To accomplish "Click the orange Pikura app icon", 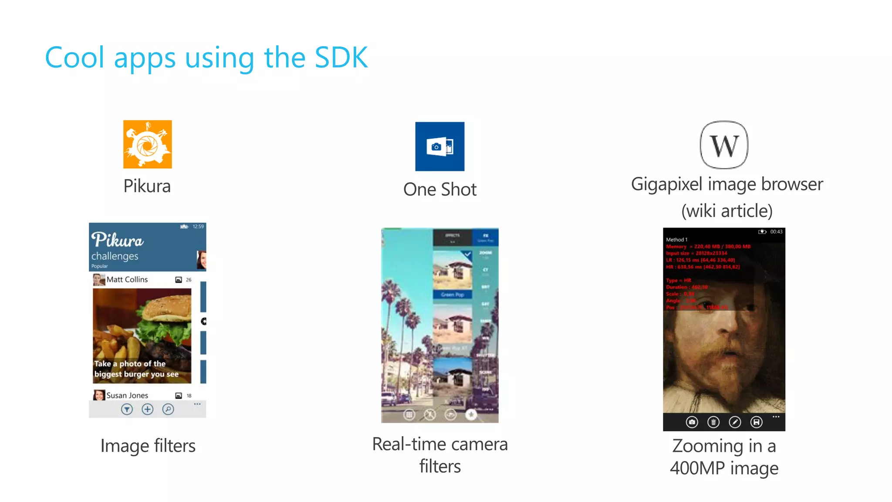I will pyautogui.click(x=147, y=144).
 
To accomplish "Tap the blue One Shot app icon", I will pyautogui.click(x=439, y=146).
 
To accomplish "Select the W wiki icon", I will pyautogui.click(x=724, y=145).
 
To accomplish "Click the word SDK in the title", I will pyautogui.click(x=341, y=58).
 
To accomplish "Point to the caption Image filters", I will pyautogui.click(x=148, y=446).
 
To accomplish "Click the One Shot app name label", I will pyautogui.click(x=439, y=190).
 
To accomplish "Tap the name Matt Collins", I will pyautogui.click(x=127, y=280).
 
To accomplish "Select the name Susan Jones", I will pyautogui.click(x=127, y=396).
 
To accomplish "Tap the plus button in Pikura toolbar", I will pyautogui.click(x=148, y=409).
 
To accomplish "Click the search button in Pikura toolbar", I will pyautogui.click(x=168, y=409).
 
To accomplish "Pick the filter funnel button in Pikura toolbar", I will pyautogui.click(x=127, y=409).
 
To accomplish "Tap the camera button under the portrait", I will pyautogui.click(x=692, y=422).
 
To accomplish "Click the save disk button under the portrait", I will pyautogui.click(x=757, y=422).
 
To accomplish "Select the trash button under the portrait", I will pyautogui.click(x=713, y=422).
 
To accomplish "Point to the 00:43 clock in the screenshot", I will pyautogui.click(x=776, y=232).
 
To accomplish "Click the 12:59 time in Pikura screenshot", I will pyautogui.click(x=198, y=227).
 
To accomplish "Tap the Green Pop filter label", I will pyautogui.click(x=452, y=295).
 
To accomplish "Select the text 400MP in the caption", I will pyautogui.click(x=697, y=468).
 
